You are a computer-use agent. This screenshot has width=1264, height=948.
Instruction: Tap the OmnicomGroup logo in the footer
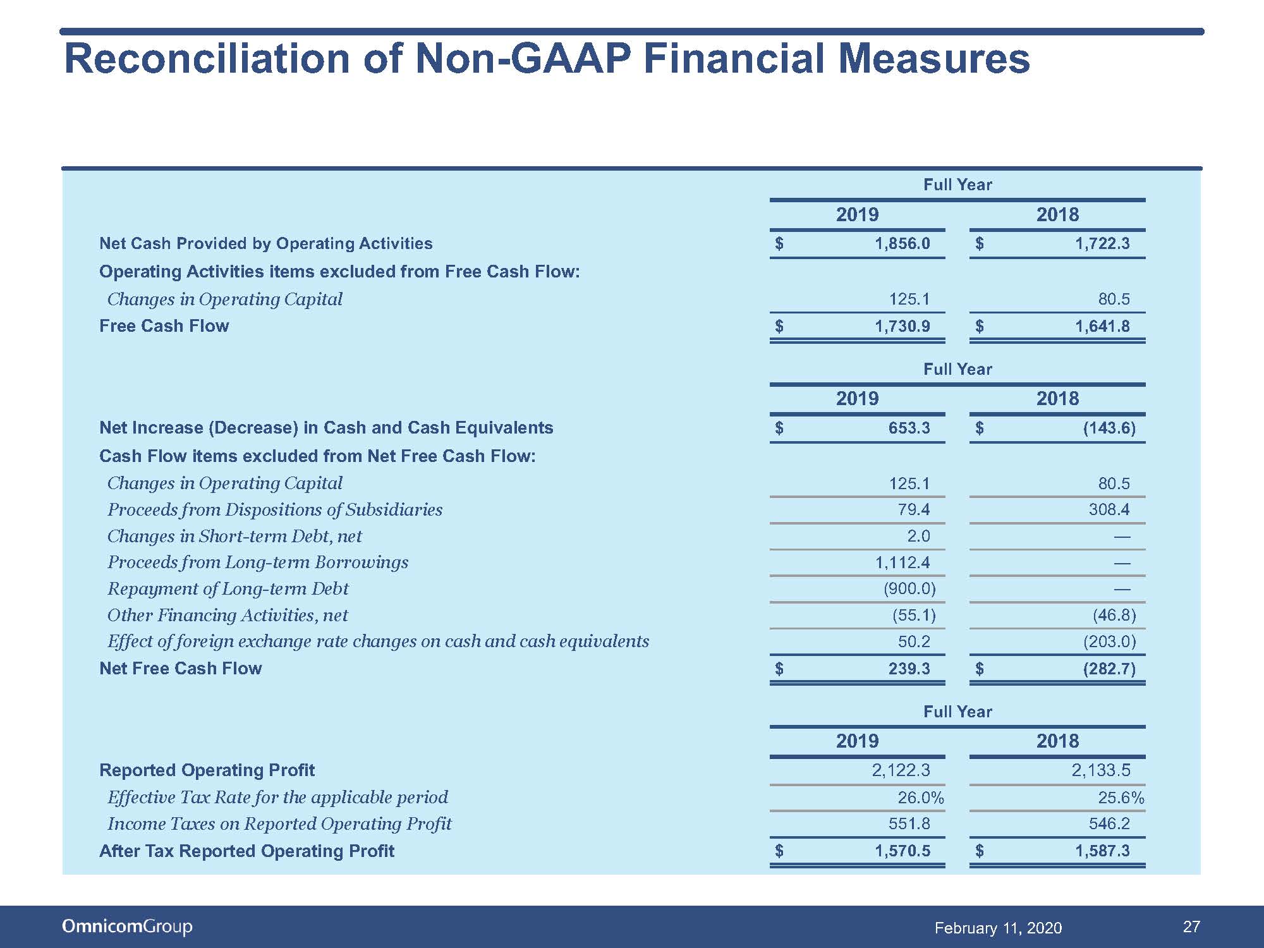click(x=127, y=927)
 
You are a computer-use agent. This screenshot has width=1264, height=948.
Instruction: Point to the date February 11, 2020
click(x=998, y=928)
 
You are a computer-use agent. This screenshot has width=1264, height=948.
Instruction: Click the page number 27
click(x=1191, y=927)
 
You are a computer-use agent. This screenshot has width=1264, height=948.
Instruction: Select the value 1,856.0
click(x=902, y=244)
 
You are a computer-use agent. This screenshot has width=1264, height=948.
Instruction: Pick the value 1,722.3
click(x=1102, y=244)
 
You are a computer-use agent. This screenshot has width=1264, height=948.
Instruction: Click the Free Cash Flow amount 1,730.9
click(x=902, y=326)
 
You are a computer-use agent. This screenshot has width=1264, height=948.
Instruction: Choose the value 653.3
click(x=909, y=428)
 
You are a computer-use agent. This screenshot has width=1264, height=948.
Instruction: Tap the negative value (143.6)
click(x=1109, y=428)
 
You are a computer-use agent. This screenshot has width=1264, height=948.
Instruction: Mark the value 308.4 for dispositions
click(x=1109, y=509)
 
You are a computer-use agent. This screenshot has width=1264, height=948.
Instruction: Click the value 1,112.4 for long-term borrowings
click(x=902, y=562)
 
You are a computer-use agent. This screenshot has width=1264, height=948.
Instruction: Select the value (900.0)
click(x=909, y=589)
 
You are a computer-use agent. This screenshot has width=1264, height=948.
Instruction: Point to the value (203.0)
click(x=1109, y=642)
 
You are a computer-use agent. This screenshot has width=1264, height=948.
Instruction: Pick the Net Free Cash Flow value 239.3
click(x=909, y=669)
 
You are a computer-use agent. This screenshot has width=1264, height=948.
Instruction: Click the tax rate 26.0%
click(x=921, y=798)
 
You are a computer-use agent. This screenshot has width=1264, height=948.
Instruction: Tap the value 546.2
click(x=1109, y=823)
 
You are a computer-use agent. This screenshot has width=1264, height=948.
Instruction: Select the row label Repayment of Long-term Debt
click(x=228, y=589)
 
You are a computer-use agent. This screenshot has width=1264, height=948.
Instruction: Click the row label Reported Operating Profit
click(x=207, y=770)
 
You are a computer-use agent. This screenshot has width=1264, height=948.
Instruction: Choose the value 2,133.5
click(x=1101, y=770)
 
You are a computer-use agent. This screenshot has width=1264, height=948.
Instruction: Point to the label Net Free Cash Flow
click(x=180, y=669)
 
